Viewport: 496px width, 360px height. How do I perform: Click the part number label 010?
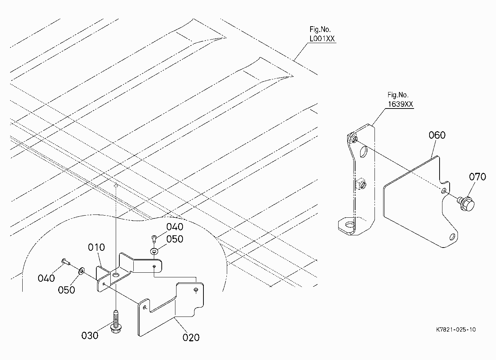pyautogui.click(x=96, y=247)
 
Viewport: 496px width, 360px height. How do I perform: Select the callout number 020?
pyautogui.click(x=191, y=337)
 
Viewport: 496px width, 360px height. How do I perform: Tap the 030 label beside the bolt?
pyautogui.click(x=90, y=336)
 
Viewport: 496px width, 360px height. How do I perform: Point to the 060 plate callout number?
pyautogui.click(x=437, y=135)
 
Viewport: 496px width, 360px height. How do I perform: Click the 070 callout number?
pyautogui.click(x=477, y=177)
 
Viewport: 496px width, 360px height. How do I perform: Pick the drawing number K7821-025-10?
pyautogui.click(x=456, y=330)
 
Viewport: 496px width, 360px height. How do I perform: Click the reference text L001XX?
pyautogui.click(x=322, y=39)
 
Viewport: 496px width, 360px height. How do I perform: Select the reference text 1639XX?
pyautogui.click(x=400, y=104)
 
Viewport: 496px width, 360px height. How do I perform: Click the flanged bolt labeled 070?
pyautogui.click(x=466, y=203)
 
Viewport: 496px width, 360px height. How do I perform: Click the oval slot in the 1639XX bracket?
pyautogui.click(x=363, y=152)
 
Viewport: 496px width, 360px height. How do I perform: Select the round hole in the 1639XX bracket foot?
pyautogui.click(x=350, y=225)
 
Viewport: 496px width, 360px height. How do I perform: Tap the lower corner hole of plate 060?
pyautogui.click(x=452, y=237)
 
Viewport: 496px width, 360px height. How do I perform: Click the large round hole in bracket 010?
pyautogui.click(x=116, y=275)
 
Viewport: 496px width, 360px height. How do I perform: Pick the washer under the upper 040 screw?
pyautogui.click(x=154, y=251)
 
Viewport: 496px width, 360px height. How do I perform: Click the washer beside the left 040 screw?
pyautogui.click(x=81, y=271)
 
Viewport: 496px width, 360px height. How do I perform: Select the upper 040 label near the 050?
pyautogui.click(x=175, y=227)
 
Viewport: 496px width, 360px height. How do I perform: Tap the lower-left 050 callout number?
pyautogui.click(x=66, y=290)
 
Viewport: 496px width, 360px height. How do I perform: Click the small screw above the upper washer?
pyautogui.click(x=154, y=239)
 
